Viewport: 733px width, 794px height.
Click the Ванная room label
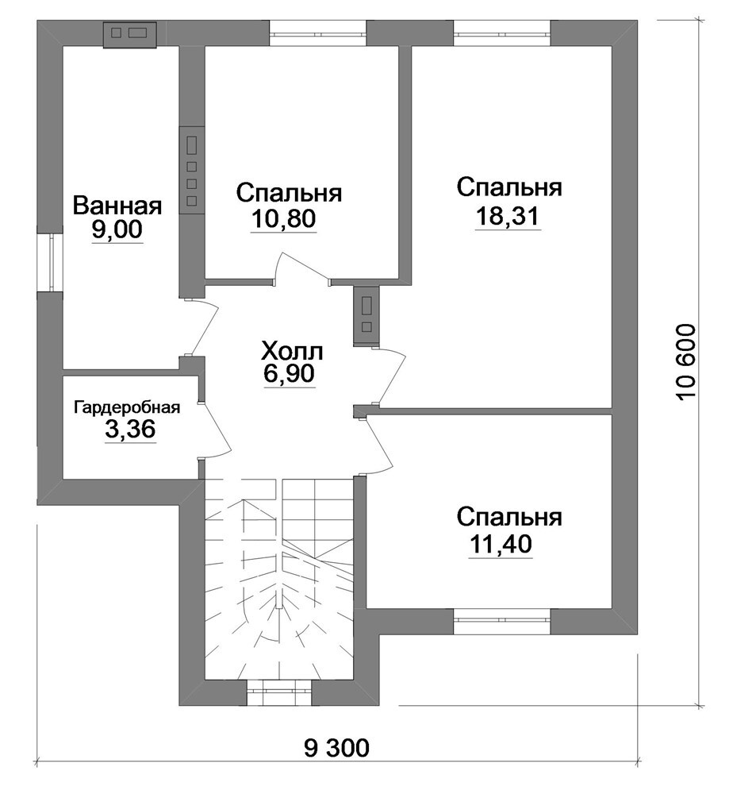pos(117,206)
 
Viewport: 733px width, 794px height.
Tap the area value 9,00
pos(117,230)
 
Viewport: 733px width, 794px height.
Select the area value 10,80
pos(283,218)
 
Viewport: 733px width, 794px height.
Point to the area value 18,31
pos(508,216)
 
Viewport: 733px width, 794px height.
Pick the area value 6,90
pos(290,373)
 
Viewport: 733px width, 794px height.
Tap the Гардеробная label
pos(127,407)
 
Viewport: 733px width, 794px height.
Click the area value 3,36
pos(130,430)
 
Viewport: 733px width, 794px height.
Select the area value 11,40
pos(501,545)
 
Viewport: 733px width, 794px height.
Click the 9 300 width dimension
pos(337,747)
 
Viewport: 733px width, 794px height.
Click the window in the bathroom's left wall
pos(51,263)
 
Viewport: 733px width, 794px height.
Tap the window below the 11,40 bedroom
pos(502,621)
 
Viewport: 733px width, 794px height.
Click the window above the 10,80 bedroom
pos(317,33)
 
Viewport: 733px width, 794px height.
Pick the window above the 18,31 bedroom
pos(502,33)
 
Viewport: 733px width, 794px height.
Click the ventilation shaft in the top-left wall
pos(129,34)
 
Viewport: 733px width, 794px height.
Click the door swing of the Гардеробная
pos(217,430)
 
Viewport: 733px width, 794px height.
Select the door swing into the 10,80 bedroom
pos(302,268)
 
